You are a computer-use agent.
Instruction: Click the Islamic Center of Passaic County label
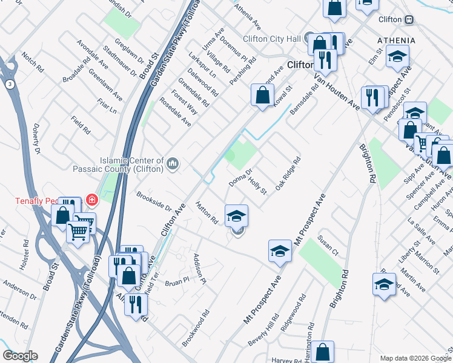coord(119,165)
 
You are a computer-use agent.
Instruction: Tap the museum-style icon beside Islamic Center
coord(173,163)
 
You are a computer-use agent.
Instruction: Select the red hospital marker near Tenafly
coord(92,199)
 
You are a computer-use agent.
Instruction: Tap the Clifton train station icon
coord(409,19)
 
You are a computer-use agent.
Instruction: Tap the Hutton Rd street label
coord(207,214)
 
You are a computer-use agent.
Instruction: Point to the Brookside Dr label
coord(154,201)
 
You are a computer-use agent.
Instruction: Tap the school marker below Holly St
coord(236,215)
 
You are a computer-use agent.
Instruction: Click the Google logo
coord(20,355)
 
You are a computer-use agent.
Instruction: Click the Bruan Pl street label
coord(177,282)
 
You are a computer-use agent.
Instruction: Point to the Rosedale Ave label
coord(175,113)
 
